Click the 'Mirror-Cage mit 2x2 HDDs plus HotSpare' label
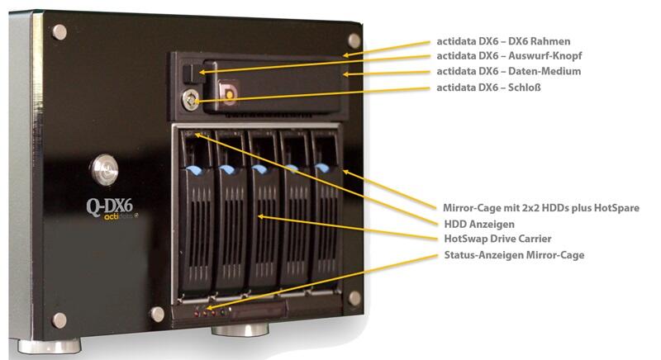[x=541, y=207]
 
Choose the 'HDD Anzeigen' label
[x=479, y=224]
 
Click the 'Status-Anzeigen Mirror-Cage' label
[x=514, y=255]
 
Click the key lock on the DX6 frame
[x=192, y=100]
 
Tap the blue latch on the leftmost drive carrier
[x=194, y=170]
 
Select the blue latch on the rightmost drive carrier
[x=321, y=168]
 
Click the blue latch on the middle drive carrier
[x=259, y=169]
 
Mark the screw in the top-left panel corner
[x=59, y=32]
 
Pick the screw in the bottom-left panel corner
[x=59, y=320]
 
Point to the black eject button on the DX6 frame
[x=188, y=73]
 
